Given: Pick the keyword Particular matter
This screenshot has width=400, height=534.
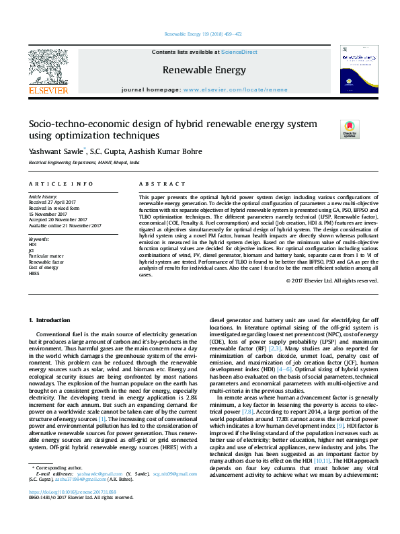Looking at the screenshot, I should click(x=46, y=256).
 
